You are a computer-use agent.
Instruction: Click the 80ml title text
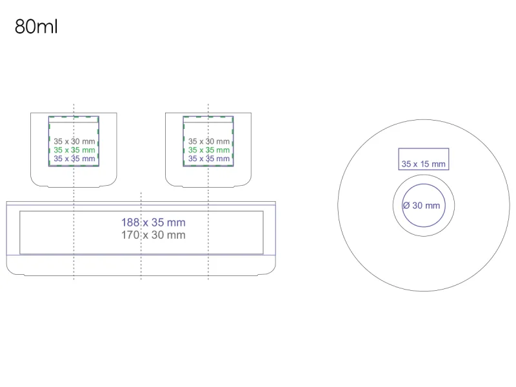35,28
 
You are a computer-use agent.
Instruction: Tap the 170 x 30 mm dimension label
154,235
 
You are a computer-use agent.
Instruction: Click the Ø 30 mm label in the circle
421,206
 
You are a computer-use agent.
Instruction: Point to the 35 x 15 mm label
423,164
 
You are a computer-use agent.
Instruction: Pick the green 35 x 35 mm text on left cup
74,150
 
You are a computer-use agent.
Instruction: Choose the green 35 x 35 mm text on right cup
208,150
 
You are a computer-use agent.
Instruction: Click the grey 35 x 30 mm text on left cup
74,141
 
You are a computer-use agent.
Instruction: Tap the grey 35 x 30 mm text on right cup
208,141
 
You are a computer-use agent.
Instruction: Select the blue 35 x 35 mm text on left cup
74,158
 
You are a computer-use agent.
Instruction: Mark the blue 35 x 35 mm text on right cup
208,158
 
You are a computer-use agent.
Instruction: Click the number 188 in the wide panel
130,223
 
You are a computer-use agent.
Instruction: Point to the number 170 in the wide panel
130,235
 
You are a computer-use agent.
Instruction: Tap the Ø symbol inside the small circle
406,206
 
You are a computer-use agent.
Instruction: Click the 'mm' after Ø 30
432,206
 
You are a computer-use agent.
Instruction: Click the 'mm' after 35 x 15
439,164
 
